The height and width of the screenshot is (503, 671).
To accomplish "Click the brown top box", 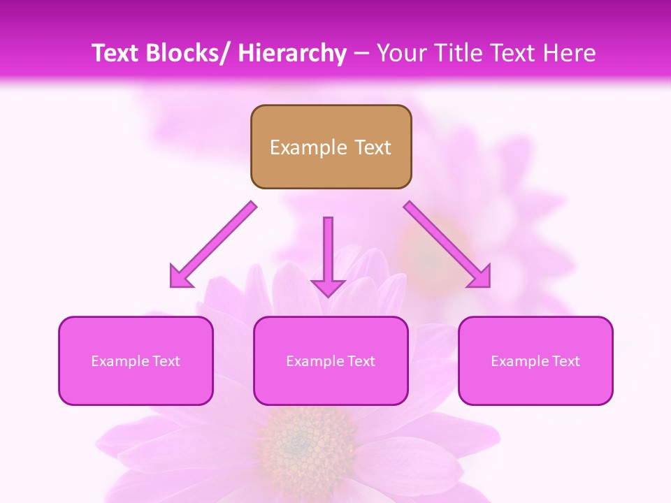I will coord(331,147).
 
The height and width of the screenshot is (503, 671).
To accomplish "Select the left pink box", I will coord(136,360).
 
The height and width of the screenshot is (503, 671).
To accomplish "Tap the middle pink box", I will coord(331,360).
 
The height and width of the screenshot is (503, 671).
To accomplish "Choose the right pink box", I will coord(535,360).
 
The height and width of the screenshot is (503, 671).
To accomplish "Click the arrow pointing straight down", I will coord(328,255).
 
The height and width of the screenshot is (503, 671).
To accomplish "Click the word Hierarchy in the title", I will coord(291,53).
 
